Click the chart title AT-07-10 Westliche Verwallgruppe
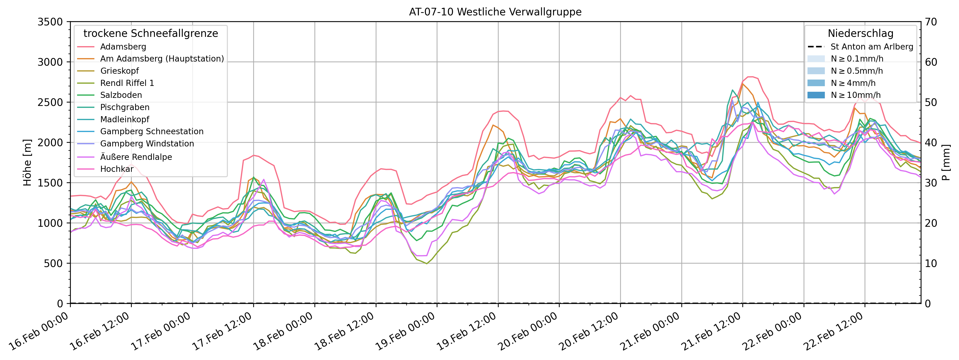pos(495,12)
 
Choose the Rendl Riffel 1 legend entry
pos(127,83)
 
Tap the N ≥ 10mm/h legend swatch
pos(816,95)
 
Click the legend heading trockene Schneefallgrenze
pos(151,33)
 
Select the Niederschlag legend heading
pos(860,33)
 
